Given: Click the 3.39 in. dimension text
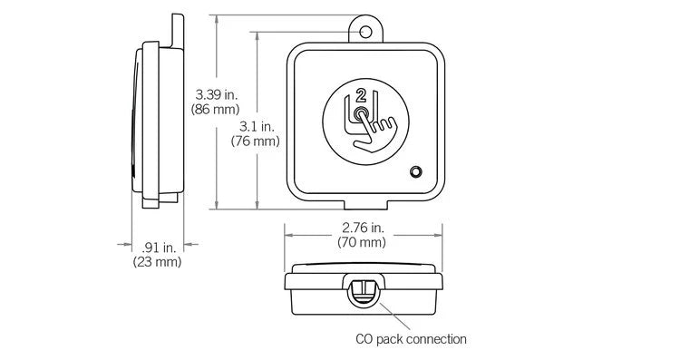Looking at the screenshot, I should coord(218,93).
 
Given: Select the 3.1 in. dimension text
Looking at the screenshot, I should coord(258,126).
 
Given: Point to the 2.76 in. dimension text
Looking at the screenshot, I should coord(363,227).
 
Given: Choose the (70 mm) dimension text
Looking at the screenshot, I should coord(363,242).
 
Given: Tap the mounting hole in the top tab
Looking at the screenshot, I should coord(365,32).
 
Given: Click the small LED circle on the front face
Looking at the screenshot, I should coord(415,171).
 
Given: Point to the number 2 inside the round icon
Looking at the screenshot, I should coord(362,95).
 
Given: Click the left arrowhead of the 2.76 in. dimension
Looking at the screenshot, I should coord(287,233).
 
